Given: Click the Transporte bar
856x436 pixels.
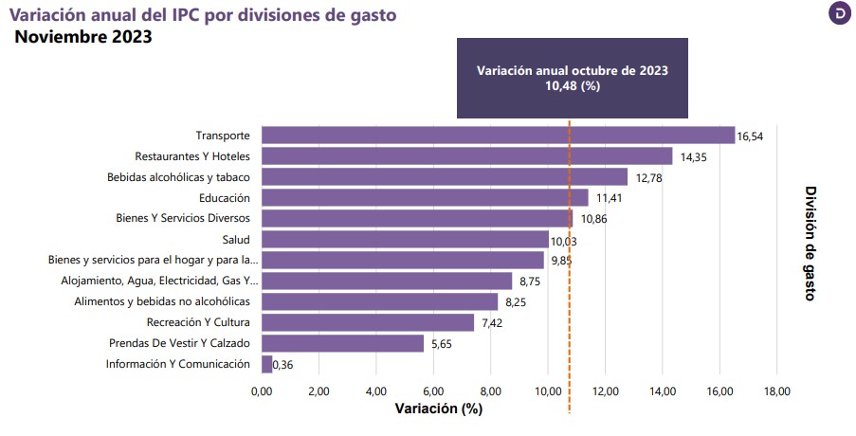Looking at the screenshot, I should pos(498,136).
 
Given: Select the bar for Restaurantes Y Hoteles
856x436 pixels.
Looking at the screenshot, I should pos(466,156).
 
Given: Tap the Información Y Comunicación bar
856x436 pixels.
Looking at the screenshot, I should pos(266,364).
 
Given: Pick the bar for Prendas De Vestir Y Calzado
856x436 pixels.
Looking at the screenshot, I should pos(342,343).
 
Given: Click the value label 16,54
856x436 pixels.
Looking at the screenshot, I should pos(751,136).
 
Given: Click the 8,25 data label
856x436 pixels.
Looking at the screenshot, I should pos(515,302).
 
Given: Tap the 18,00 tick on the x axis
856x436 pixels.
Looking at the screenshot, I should pos(776,391).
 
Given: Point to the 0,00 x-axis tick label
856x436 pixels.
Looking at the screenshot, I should pos(261,391).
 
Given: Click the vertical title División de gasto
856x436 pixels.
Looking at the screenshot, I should pos(810,243).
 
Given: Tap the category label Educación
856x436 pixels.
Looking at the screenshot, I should pos(225,198).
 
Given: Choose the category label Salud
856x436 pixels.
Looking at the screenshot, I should pos(235,240).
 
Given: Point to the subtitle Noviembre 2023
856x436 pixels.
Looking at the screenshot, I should pos(83,37).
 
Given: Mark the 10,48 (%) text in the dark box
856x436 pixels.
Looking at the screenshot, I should pos(572,86).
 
